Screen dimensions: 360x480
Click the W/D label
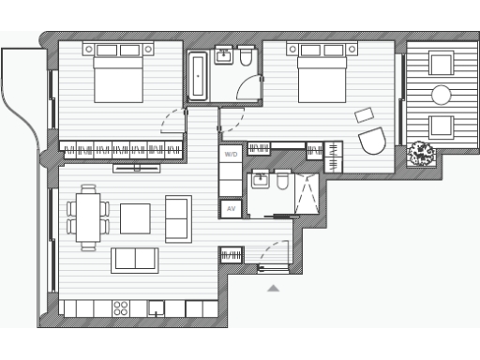(x=231, y=153)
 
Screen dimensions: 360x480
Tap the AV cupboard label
(x=231, y=210)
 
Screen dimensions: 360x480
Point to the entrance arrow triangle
(x=273, y=289)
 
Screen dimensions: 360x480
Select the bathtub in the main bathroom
(x=198, y=75)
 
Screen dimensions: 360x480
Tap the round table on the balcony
(x=441, y=95)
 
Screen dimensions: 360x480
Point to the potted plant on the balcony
(x=421, y=153)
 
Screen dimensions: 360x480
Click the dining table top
(x=88, y=217)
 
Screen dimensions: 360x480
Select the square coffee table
(x=135, y=217)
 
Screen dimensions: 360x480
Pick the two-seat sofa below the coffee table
(x=135, y=260)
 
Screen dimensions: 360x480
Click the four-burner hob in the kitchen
(x=121, y=307)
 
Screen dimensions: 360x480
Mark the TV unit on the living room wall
(x=137, y=169)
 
